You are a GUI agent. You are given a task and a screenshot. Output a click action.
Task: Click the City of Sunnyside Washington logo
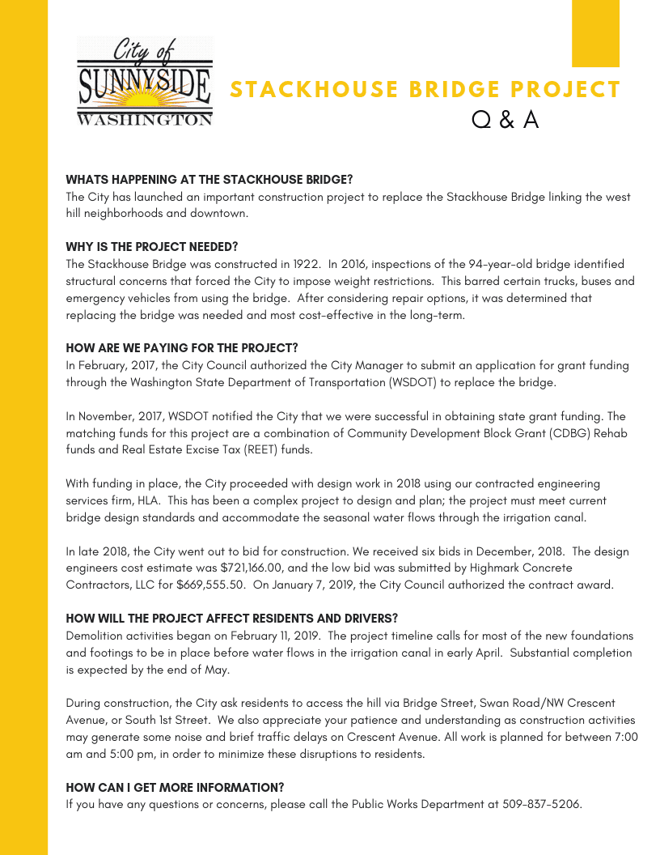145,82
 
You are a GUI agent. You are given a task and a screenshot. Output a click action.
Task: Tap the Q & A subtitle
506,120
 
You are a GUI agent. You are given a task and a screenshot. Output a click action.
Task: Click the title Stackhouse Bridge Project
425,90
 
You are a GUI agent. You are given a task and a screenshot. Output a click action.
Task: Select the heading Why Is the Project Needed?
152,247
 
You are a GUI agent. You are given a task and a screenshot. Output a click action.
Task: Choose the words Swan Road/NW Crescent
525,704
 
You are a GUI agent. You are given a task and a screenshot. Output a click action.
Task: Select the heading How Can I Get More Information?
175,788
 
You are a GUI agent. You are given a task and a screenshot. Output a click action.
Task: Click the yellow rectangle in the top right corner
595,33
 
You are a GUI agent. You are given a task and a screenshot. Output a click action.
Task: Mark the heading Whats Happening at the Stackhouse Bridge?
209,180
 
